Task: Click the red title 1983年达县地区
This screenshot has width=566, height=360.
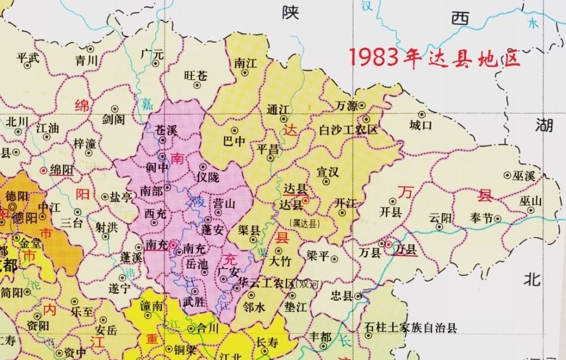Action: tap(434, 58)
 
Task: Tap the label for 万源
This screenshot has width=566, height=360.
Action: tap(346, 106)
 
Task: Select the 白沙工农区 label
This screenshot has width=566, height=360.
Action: tap(349, 130)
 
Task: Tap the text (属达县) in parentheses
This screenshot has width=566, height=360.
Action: tap(304, 224)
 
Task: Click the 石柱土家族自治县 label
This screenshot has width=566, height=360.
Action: tap(410, 328)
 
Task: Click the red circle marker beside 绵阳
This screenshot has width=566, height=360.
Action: tap(44, 170)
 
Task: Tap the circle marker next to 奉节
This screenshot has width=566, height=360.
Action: tap(498, 218)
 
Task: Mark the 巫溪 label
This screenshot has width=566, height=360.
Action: tap(524, 176)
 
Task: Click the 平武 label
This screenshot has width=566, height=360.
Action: tap(29, 58)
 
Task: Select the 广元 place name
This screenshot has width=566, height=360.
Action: tap(152, 55)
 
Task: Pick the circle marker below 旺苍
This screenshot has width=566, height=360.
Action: tap(197, 85)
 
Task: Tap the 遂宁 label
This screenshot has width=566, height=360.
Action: tap(119, 288)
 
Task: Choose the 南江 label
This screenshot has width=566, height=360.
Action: tap(246, 63)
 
